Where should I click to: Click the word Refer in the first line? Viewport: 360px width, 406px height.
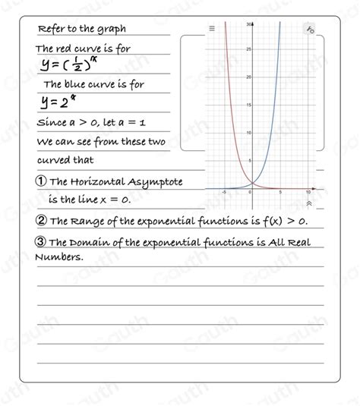tap(51, 30)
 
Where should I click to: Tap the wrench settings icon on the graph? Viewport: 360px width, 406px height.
tap(311, 30)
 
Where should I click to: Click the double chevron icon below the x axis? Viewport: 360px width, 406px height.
tap(308, 203)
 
